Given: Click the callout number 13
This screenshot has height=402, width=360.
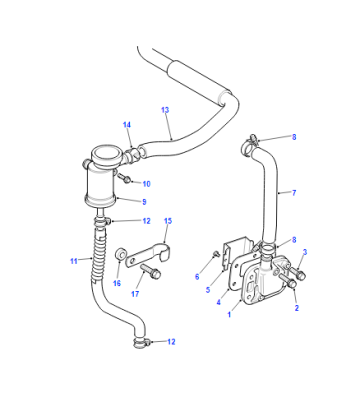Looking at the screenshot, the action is tap(165, 110).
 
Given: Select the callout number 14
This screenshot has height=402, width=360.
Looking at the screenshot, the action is tap(127, 125).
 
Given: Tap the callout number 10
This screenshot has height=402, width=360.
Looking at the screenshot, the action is tap(147, 184).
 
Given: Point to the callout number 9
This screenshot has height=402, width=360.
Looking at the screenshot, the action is tap(144, 202).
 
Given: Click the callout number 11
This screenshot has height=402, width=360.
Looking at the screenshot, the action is tap(74, 261).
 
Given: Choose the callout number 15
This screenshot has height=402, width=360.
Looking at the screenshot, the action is tap(168, 221).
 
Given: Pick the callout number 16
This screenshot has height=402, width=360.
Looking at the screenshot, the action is tap(117, 283).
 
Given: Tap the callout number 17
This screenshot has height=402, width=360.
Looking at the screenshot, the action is tap(135, 294).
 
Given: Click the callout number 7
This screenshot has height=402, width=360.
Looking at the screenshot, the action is tap(294, 193).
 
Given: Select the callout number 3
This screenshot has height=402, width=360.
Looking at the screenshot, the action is tap(305, 252).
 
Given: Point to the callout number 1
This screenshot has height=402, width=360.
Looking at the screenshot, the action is tap(229, 314).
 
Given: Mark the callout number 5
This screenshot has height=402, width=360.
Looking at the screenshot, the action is tap(208, 290).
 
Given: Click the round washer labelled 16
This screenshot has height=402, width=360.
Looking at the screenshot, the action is tap(120, 255).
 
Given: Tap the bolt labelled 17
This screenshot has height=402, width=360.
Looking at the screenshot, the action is tap(151, 271).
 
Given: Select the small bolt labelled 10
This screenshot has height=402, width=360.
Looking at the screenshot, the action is tap(124, 178).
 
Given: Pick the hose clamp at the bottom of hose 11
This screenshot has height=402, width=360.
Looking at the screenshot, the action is tap(141, 342).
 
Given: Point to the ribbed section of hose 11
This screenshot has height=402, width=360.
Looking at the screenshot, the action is tap(99, 255).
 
